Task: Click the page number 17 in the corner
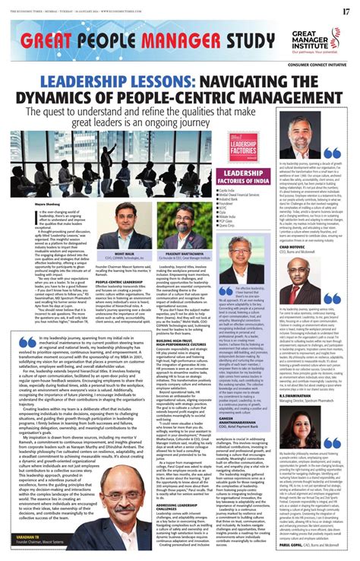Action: [x=346, y=10]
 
